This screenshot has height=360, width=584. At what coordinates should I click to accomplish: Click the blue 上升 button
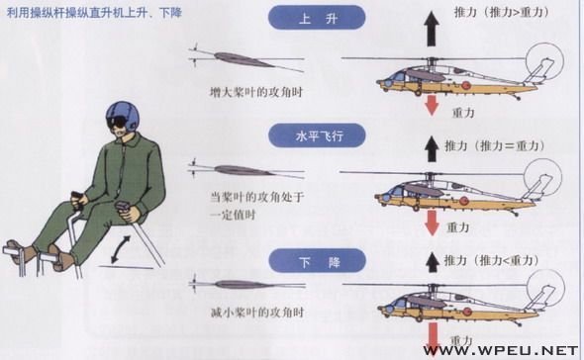317,17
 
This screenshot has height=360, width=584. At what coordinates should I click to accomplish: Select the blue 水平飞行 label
317,135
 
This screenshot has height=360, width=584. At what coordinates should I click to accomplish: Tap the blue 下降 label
317,261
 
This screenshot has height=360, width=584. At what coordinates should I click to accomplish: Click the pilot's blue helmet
122,116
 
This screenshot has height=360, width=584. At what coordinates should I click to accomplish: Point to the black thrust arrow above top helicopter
432,29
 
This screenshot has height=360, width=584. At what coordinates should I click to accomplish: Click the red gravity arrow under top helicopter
432,105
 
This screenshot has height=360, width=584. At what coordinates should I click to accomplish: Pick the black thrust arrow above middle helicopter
432,148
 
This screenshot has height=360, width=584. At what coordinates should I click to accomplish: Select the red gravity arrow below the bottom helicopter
433,339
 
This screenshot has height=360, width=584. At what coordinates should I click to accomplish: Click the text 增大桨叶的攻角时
256,92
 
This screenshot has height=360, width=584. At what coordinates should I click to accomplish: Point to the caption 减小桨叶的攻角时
257,313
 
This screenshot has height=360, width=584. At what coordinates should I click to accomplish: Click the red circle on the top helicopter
465,85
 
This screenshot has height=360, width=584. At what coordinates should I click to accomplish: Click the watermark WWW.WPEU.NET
501,350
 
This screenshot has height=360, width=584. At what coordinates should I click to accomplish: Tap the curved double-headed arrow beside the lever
122,249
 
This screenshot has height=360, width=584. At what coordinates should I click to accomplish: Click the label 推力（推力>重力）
501,12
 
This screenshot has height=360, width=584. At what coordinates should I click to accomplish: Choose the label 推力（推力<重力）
492,260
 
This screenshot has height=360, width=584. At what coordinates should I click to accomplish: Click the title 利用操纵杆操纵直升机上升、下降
94,13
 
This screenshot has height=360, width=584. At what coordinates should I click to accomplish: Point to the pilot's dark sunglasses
116,122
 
